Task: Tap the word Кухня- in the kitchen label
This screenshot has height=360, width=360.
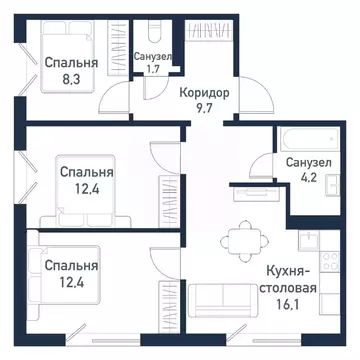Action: click(x=289, y=270)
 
